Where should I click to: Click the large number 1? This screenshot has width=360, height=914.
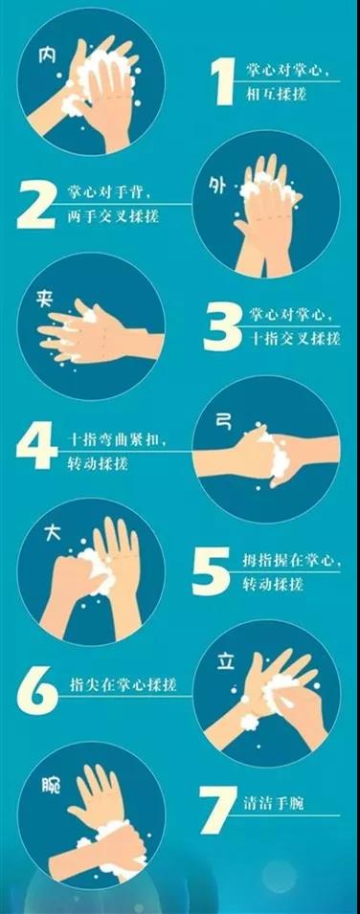pyautogui.click(x=224, y=81)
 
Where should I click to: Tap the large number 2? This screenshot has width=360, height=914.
pyautogui.click(x=35, y=204)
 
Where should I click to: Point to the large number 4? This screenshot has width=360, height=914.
pyautogui.click(x=36, y=445)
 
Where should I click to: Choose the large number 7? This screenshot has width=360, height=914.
pyautogui.click(x=217, y=810)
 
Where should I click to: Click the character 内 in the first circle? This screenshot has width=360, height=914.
pyautogui.click(x=46, y=56)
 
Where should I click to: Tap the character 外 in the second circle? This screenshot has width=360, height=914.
pyautogui.click(x=216, y=186)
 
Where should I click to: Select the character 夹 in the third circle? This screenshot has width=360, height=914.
pyautogui.click(x=44, y=300)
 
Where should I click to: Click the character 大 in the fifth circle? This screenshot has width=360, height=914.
pyautogui.click(x=53, y=534)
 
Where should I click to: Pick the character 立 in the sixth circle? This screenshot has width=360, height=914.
pyautogui.click(x=226, y=662)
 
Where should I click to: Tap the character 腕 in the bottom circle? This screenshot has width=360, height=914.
pyautogui.click(x=51, y=787)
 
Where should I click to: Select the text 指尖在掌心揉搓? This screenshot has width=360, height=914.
pyautogui.click(x=124, y=684)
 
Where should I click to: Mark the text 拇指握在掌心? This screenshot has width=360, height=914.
pyautogui.click(x=289, y=561)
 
